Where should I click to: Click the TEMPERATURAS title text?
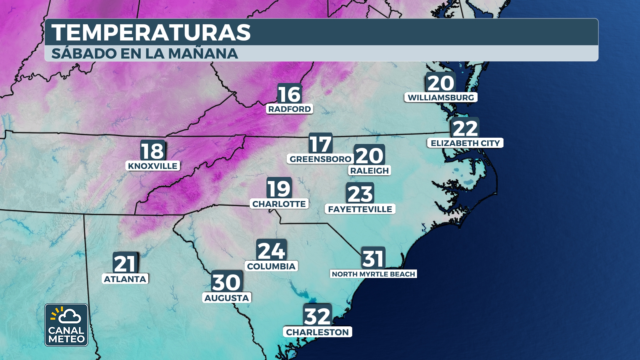pyautogui.click(x=151, y=32)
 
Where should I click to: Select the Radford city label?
pyautogui.click(x=289, y=109)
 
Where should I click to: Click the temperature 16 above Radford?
pyautogui.click(x=289, y=94)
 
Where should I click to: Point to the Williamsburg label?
pyautogui.click(x=441, y=98)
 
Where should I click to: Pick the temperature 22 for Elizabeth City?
pyautogui.click(x=465, y=129)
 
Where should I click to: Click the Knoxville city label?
pyautogui.click(x=153, y=166)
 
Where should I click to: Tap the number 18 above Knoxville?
pyautogui.click(x=153, y=151)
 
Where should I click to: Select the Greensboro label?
pyautogui.click(x=320, y=159)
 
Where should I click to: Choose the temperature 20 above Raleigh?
pyautogui.click(x=369, y=155)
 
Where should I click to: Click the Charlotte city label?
pyautogui.click(x=279, y=204)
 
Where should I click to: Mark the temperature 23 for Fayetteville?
pyautogui.click(x=360, y=194)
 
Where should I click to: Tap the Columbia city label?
pyautogui.click(x=271, y=266)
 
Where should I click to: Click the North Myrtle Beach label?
pyautogui.click(x=373, y=274)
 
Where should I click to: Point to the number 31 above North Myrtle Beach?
pyautogui.click(x=373, y=259)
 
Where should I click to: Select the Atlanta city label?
pyautogui.click(x=125, y=279)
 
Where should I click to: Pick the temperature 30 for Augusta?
pyautogui.click(x=227, y=282)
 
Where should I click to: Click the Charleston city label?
pyautogui.click(x=317, y=332)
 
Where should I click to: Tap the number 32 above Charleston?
pyautogui.click(x=317, y=316)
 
